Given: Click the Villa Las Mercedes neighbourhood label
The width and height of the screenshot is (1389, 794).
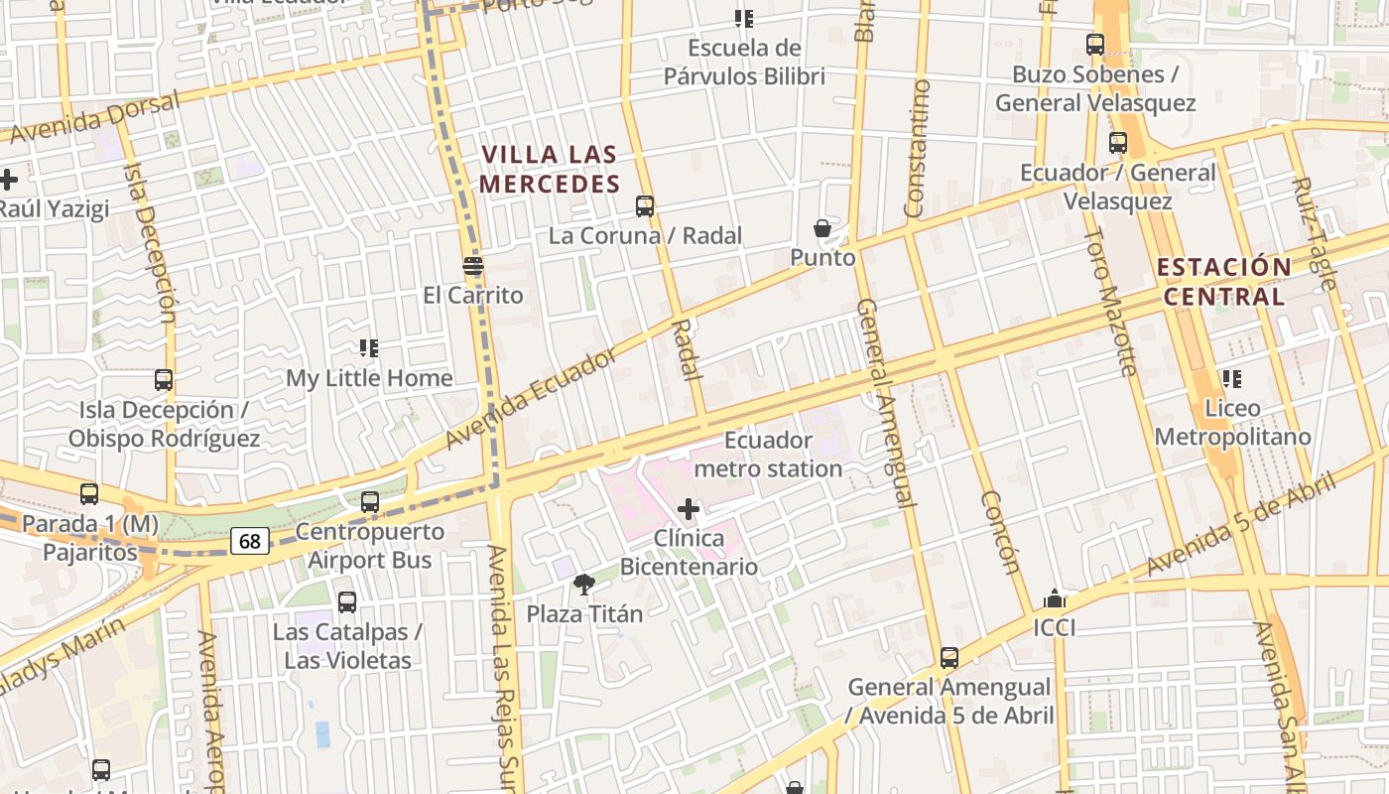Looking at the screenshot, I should click(x=550, y=169).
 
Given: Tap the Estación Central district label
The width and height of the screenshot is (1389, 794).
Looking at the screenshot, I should click(x=1223, y=282).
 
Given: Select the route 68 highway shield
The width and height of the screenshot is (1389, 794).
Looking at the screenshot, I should click(x=250, y=541).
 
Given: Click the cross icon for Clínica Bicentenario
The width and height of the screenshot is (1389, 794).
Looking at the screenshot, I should click(x=689, y=510).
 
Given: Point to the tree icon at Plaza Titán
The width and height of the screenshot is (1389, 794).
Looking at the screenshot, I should click(x=584, y=584).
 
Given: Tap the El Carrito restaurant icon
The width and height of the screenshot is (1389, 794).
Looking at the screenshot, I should click(x=473, y=266).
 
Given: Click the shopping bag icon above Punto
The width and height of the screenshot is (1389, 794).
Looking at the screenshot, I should click(x=822, y=229).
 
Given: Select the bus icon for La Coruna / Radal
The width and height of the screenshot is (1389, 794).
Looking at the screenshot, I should click(x=645, y=206).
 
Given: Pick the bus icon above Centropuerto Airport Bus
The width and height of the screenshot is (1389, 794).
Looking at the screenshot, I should click(x=370, y=502).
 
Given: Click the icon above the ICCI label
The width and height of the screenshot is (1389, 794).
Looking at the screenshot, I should click(x=1055, y=598).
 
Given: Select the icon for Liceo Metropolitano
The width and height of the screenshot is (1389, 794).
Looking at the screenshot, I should click(x=1232, y=378).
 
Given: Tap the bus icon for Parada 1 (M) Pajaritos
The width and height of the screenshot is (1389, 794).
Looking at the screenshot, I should click(x=89, y=494).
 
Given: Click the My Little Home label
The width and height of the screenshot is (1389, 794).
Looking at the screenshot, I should click(x=369, y=378).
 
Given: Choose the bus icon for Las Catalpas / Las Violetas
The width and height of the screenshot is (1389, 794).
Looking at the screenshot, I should click(x=347, y=602).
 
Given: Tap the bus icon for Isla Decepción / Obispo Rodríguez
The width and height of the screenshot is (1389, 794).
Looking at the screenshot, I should click(x=164, y=380).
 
